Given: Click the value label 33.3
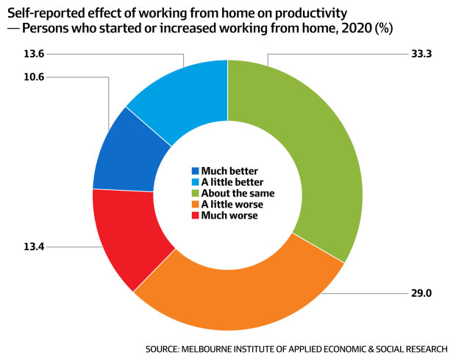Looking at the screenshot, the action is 421,54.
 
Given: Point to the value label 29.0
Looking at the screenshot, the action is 421,293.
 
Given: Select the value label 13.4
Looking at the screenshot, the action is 34,247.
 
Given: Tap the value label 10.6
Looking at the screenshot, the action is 34,77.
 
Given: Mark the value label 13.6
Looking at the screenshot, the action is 34,54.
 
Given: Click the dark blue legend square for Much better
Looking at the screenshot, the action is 196,171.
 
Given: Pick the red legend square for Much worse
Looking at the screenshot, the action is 196,216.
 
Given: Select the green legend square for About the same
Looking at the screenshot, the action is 196,193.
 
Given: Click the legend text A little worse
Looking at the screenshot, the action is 232,205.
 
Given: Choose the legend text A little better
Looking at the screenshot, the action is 232,182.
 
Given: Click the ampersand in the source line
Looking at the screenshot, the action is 371,349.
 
